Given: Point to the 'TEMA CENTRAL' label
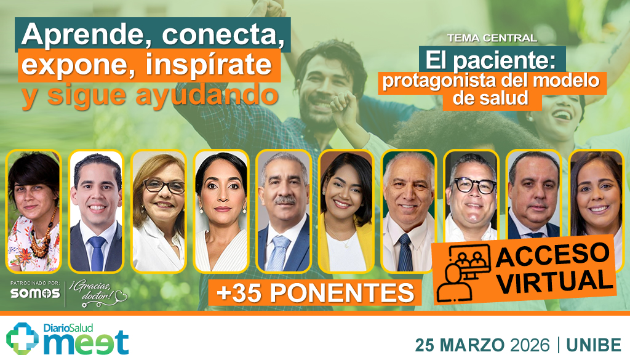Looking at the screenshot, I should (x=492, y=38).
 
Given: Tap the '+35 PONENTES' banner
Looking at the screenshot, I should (x=315, y=292).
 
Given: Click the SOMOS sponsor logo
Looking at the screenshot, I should (x=34, y=294).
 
